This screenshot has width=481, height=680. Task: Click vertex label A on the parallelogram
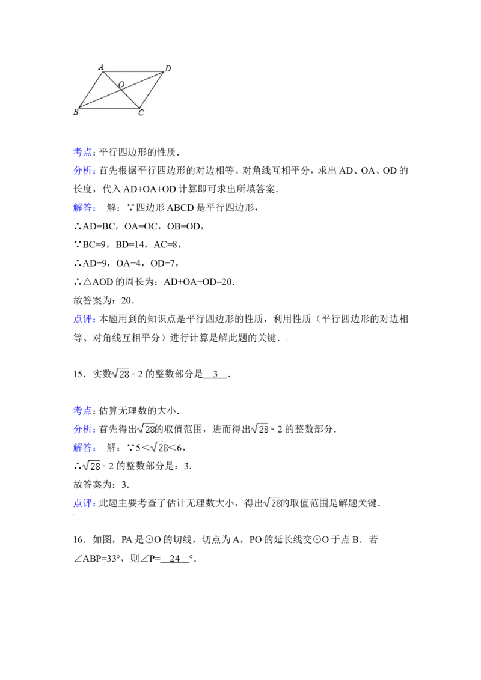(101, 67)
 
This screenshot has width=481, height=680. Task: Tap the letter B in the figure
(76, 112)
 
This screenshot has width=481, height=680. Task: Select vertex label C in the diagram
(141, 112)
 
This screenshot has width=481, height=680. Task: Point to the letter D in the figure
(168, 68)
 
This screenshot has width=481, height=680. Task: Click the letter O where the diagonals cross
(121, 85)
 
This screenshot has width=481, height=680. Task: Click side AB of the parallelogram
(91, 90)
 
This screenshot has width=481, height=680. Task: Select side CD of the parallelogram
(152, 91)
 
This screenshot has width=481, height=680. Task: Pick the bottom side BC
(108, 109)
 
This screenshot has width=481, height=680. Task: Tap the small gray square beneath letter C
(142, 118)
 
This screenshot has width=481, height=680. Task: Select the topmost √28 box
(120, 373)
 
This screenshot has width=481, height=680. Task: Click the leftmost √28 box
(91, 466)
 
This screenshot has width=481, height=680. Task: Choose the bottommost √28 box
(272, 503)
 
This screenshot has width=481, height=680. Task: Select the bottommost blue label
(84, 503)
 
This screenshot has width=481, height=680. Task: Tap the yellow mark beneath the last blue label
(75, 517)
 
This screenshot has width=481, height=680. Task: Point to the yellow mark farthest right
(286, 341)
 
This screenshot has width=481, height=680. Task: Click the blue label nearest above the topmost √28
(84, 320)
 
